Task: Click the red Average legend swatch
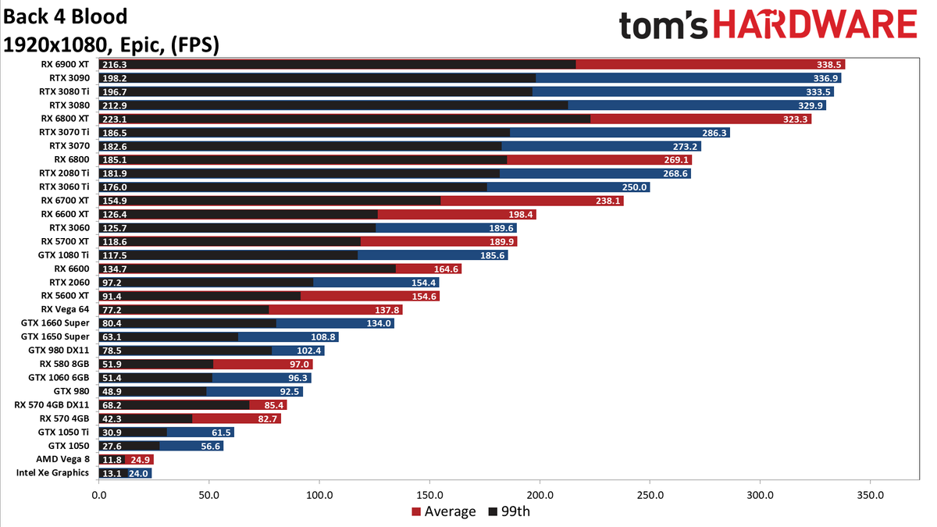[415, 512]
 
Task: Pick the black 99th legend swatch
[492, 512]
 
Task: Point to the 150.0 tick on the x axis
[429, 495]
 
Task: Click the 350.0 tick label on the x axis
[870, 495]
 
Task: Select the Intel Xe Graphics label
[52, 473]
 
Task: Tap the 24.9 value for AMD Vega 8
[141, 460]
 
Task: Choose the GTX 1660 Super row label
[55, 322]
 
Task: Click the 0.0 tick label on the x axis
[99, 495]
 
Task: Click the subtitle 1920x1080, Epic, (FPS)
[111, 45]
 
